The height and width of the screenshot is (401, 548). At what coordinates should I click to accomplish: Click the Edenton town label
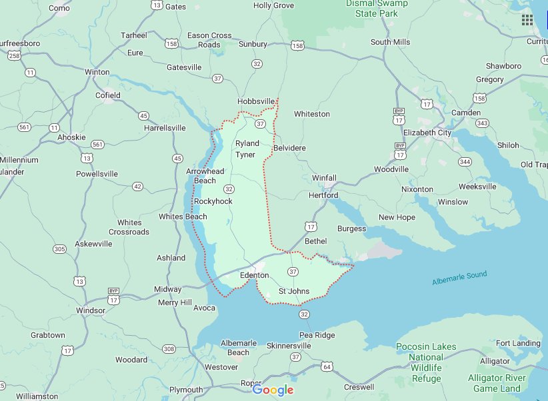[254, 275]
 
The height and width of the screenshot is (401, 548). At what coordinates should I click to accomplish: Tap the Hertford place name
[323, 195]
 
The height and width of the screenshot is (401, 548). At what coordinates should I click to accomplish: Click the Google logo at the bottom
[273, 390]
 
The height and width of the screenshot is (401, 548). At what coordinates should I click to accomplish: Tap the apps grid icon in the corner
[527, 19]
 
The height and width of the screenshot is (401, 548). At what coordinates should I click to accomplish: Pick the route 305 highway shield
[60, 249]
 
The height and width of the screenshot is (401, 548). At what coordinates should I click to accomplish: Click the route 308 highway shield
[169, 349]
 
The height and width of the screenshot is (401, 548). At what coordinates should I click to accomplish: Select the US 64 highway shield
[326, 366]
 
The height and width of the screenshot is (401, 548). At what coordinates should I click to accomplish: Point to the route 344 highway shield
[465, 162]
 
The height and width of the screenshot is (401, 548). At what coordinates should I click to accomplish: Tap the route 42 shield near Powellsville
[137, 187]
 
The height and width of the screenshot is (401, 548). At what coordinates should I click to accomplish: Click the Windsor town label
[91, 310]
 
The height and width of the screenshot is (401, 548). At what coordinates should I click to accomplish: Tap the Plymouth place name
[186, 390]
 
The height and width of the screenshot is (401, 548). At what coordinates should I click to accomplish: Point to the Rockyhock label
[213, 201]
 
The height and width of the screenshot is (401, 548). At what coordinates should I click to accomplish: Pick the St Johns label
[293, 291]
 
